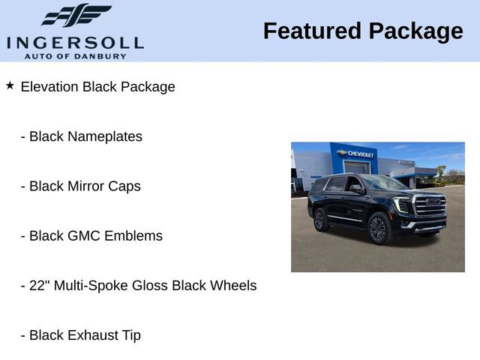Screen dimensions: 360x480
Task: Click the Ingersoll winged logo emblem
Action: click(x=76, y=16)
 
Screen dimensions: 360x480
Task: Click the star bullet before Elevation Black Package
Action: click(x=10, y=85)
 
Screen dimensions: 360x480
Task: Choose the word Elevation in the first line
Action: click(x=49, y=87)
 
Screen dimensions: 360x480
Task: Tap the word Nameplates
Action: click(x=104, y=136)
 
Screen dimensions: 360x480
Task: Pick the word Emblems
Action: click(x=134, y=235)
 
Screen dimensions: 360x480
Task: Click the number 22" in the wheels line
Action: click(x=38, y=286)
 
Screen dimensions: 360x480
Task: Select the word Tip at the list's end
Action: click(x=131, y=335)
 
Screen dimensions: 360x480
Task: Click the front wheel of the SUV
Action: click(x=378, y=229)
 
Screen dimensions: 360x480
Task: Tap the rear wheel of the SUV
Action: click(x=319, y=219)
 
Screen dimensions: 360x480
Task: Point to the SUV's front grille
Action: click(x=430, y=205)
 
